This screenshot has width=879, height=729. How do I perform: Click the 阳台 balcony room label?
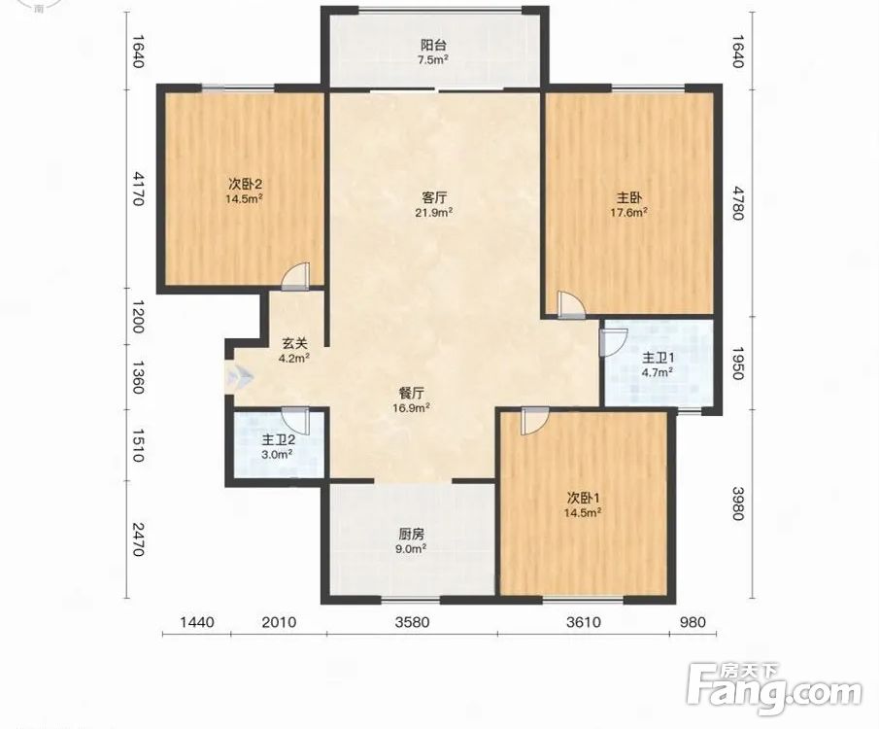433,45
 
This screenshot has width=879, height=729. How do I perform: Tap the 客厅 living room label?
434,197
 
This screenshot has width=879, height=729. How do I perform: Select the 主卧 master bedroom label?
629,197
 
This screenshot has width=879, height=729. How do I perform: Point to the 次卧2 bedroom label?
245,184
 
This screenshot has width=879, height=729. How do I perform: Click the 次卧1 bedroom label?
584,498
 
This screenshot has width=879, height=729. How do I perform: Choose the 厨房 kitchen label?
412,534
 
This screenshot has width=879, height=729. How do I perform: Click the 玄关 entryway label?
295,343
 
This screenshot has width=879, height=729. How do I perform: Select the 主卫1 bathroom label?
659,358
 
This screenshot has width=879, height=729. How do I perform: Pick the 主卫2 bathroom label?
279,440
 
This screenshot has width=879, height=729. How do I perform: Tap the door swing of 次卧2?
295,277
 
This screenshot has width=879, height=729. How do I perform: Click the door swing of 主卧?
571,305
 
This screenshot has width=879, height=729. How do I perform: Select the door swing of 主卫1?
613,342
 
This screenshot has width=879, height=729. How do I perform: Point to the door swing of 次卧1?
535,420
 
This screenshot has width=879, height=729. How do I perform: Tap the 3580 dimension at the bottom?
412,622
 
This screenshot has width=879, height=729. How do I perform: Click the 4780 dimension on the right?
738,204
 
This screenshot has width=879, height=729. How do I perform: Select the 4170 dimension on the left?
138,189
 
